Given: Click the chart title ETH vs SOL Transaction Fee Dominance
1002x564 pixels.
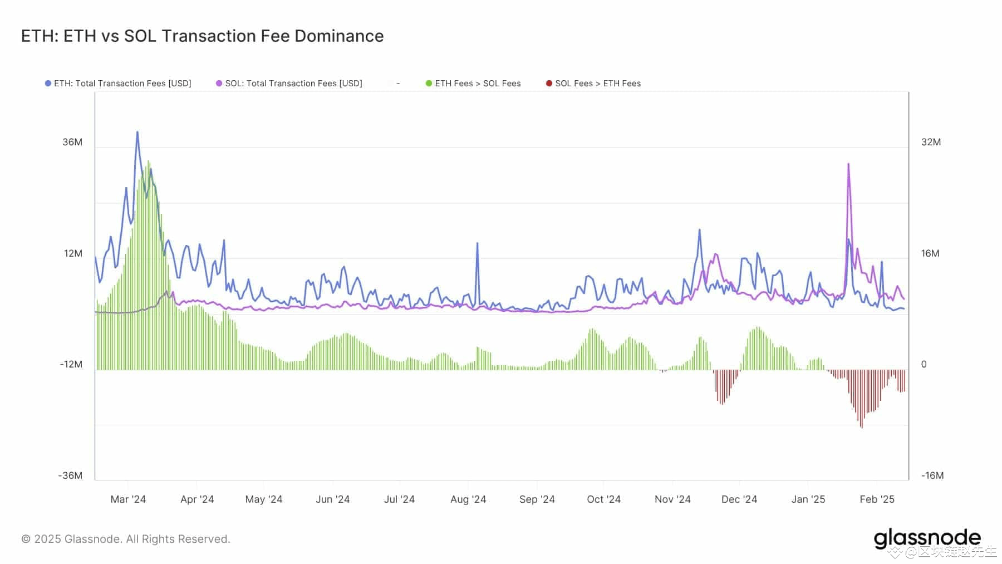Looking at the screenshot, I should tap(202, 36).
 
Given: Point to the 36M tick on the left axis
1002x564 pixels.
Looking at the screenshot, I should tap(72, 142).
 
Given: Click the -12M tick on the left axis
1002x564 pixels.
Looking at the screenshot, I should tap(71, 364).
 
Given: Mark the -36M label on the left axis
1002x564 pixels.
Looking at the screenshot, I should tap(70, 475).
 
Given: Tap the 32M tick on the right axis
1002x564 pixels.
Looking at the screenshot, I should tap(931, 142).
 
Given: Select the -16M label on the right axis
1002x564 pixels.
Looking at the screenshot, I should tap(932, 475).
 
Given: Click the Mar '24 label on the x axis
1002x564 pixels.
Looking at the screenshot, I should tap(128, 499).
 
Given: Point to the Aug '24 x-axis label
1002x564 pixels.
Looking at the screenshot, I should tap(468, 499).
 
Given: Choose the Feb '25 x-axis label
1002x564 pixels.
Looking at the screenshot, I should tap(877, 499).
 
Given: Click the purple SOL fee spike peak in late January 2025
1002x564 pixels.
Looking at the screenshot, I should tap(848, 164).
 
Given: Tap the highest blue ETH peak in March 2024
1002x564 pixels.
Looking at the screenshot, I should tap(137, 133).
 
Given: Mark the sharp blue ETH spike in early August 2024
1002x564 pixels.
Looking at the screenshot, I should tap(477, 243).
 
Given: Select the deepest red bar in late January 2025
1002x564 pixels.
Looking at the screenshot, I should tap(862, 426).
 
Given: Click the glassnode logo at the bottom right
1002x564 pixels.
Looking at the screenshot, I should tap(927, 538).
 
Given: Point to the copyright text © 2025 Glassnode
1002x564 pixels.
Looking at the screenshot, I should tap(126, 539).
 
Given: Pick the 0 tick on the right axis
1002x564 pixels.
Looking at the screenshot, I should tap(924, 364).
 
